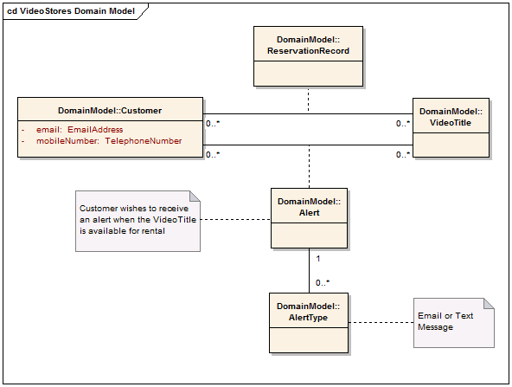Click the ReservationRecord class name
tap(308, 45)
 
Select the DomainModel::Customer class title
tap(110, 111)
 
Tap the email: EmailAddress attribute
tap(80, 130)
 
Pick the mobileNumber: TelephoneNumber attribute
tap(109, 141)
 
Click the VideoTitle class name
tap(451, 117)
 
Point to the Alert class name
tap(310, 207)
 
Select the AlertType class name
tap(308, 312)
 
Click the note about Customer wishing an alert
tap(138, 222)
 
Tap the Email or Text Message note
tap(454, 323)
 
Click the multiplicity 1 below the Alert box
tap(318, 259)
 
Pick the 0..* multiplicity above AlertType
tap(323, 283)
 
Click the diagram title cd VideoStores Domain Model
tap(71, 11)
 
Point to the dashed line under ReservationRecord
tap(308, 100)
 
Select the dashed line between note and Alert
tap(235, 219)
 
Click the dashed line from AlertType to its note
tap(381, 323)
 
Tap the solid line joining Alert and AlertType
tap(310, 271)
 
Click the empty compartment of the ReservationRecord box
tap(308, 74)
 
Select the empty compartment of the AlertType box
tap(309, 340)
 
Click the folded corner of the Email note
tap(489, 303)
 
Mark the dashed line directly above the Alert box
tap(310, 166)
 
